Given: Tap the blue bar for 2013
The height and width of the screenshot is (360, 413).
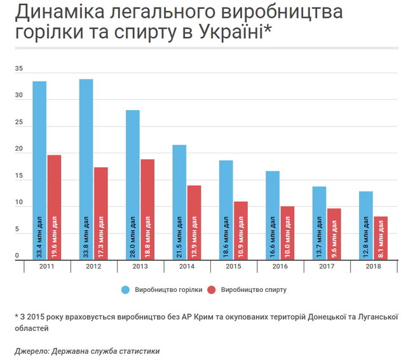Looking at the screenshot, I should click(132, 184).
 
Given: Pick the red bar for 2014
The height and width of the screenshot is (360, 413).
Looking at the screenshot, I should click(194, 222).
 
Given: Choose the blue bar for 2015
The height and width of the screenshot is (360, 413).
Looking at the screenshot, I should click(226, 209).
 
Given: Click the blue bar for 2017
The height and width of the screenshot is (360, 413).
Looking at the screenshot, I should click(319, 223).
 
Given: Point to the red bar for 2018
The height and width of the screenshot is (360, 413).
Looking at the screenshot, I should click(381, 237).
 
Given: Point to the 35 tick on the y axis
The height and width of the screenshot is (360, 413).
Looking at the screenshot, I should click(19, 69).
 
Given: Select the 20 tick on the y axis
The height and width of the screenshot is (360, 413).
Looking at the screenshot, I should click(19, 151).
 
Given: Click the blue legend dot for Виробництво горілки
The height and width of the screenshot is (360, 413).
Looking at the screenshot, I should click(126, 290).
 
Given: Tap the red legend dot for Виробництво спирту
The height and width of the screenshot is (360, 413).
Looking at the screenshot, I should click(213, 290).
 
